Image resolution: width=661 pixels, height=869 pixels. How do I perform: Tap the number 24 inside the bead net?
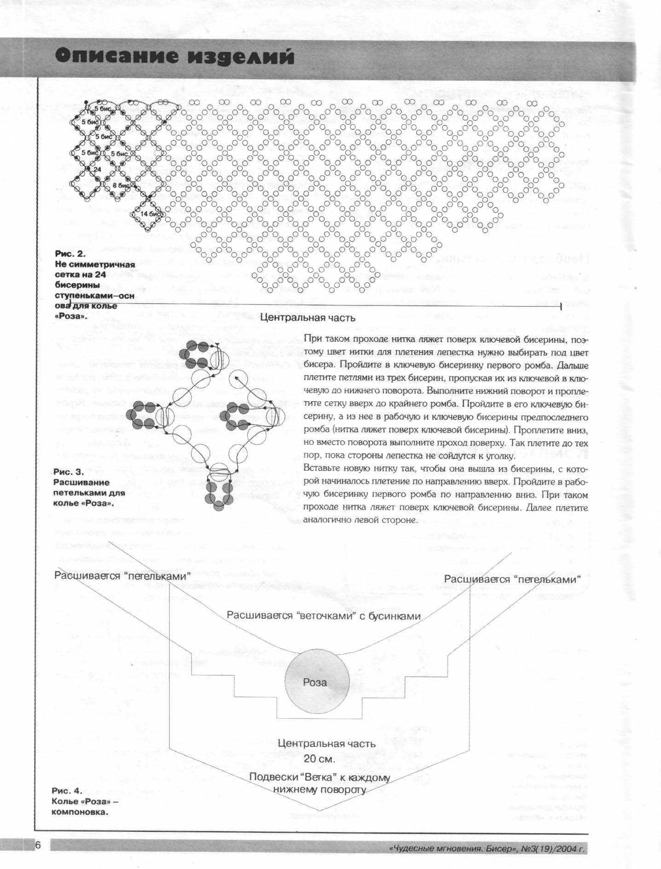97,169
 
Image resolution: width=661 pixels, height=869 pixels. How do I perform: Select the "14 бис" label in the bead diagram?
150,214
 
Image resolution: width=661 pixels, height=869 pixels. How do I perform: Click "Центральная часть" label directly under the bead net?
307,317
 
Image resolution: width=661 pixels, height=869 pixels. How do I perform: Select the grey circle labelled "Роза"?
315,682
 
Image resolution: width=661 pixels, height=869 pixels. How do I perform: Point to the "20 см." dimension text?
319,758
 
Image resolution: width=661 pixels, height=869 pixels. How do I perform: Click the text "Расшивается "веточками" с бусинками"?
323,616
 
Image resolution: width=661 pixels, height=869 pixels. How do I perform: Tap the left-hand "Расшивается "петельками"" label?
123,576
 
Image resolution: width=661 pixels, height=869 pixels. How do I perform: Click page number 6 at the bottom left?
38,845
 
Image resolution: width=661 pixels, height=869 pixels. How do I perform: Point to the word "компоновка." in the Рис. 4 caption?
80,811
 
